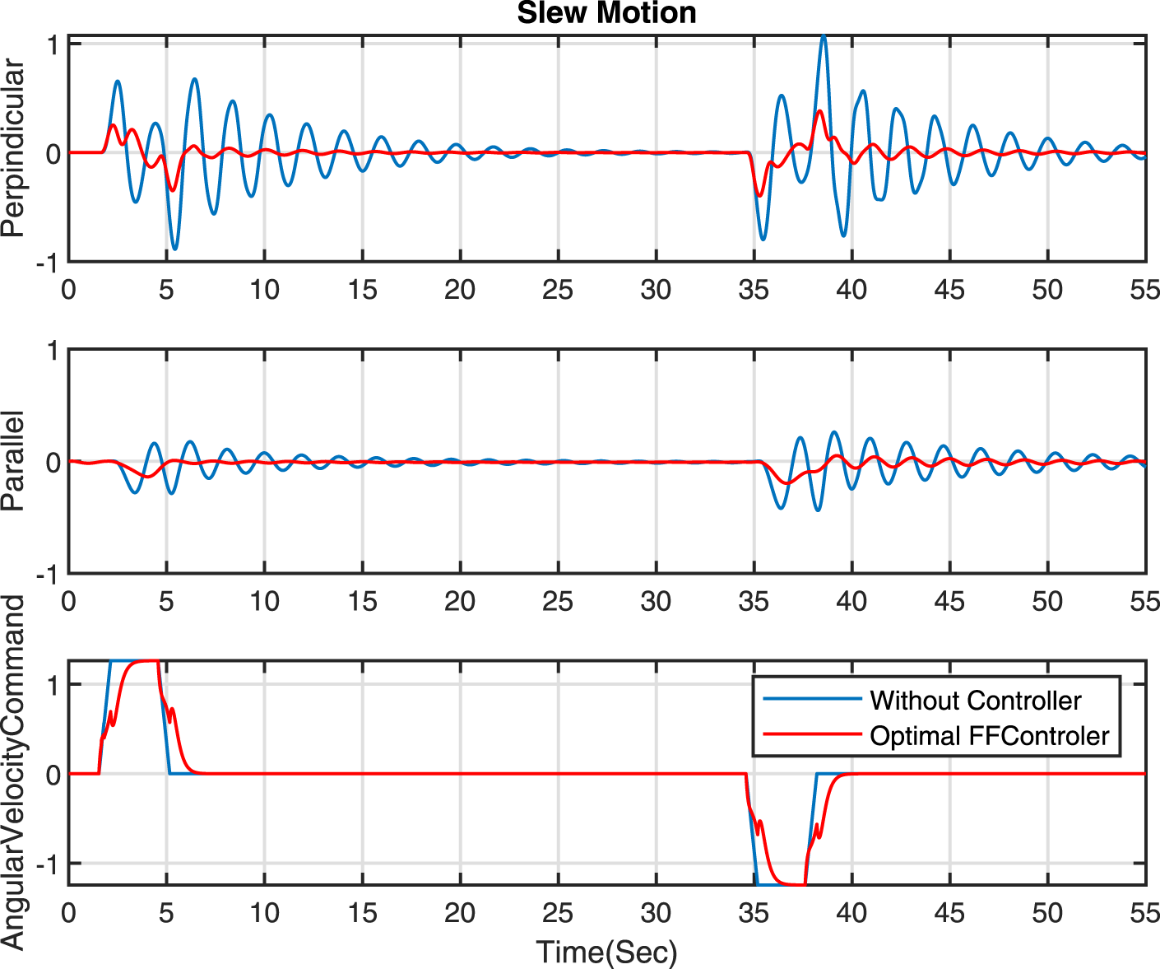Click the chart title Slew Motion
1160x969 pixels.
click(606, 13)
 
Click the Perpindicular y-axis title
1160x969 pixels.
click(14, 149)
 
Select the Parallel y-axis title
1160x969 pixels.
click(14, 461)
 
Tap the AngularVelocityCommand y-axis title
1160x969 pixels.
click(14, 772)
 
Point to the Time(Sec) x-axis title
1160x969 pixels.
click(606, 952)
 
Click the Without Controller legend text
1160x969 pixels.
click(975, 701)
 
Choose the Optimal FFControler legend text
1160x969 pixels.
click(989, 735)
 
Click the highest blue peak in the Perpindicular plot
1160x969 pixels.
click(824, 36)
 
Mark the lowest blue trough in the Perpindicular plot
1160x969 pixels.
click(174, 249)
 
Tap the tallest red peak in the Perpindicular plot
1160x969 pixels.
click(819, 111)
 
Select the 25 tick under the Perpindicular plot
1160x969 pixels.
click(558, 290)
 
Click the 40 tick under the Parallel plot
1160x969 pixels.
click(851, 602)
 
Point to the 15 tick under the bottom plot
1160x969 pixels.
click(362, 913)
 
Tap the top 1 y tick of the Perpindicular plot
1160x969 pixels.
click(53, 44)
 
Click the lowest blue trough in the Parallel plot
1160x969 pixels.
click(818, 510)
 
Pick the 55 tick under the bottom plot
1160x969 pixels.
click(1144, 913)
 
